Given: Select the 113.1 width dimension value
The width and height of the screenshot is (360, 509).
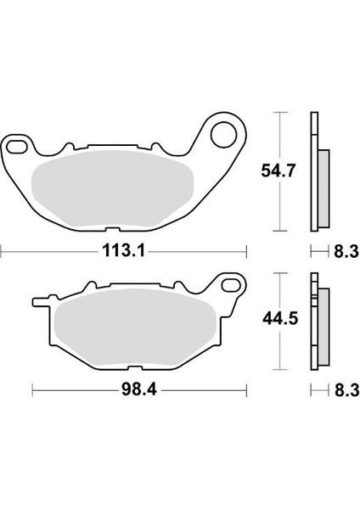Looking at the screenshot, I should pyautogui.click(x=123, y=250).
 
